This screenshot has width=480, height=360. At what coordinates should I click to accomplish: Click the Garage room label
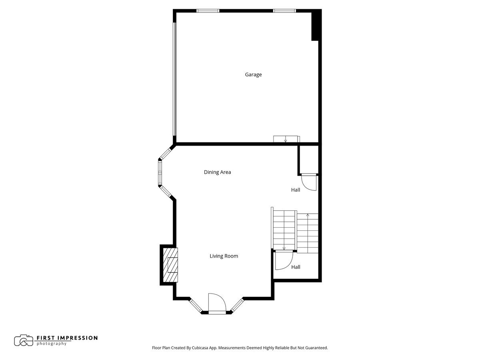[253, 74]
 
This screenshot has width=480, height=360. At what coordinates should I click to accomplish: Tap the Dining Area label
[217, 172]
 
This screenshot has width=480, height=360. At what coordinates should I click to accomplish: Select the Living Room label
[224, 256]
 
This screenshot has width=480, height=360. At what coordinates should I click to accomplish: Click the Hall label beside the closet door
[296, 190]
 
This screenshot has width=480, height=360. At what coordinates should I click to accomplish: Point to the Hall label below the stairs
[296, 267]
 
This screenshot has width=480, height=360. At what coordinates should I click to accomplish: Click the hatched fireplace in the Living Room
[170, 265]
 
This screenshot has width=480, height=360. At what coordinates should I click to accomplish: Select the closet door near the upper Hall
[309, 182]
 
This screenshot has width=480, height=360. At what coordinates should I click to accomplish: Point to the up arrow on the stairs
[308, 216]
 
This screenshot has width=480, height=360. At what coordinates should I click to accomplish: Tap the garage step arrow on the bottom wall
[286, 140]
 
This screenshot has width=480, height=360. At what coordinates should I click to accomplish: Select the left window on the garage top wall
[208, 11]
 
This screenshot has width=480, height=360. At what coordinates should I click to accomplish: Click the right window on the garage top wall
[284, 11]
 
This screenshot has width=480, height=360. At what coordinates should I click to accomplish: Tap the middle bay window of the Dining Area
[160, 172]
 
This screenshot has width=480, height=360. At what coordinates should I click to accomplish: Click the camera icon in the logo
[24, 340]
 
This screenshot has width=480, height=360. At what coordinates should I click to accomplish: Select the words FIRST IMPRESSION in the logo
[67, 338]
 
